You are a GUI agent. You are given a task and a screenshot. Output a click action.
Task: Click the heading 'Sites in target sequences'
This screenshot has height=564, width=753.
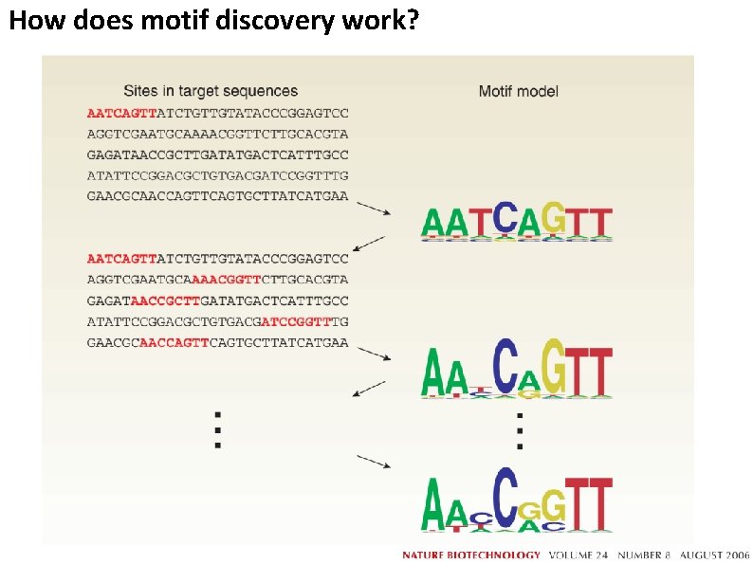click(211, 91)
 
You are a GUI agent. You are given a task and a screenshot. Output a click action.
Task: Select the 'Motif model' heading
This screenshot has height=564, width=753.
click(518, 91)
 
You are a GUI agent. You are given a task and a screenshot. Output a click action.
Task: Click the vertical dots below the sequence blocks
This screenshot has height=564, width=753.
click(218, 428)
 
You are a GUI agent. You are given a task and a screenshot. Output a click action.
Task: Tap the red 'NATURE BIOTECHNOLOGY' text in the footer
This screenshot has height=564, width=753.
click(471, 555)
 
